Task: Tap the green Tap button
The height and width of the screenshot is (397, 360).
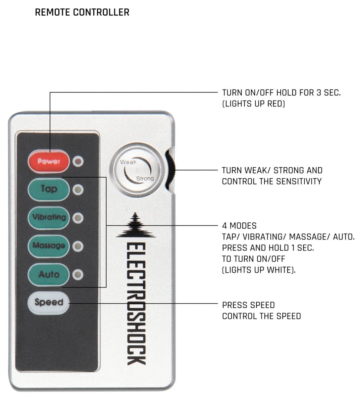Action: [x=49, y=189]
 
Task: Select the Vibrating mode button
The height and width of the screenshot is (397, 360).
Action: [x=49, y=217]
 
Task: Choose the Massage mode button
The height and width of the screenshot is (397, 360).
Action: [x=49, y=246]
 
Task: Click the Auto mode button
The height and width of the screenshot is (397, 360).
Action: [x=49, y=274]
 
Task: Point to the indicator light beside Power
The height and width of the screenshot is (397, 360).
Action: [x=78, y=161]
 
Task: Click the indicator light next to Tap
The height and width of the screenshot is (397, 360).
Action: [x=78, y=190]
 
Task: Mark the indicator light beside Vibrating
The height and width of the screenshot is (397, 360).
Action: [x=78, y=218]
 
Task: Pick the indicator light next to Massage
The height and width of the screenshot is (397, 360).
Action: [x=78, y=246]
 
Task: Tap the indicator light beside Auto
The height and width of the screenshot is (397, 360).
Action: [x=78, y=275]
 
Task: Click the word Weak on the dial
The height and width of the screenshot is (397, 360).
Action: [x=128, y=162]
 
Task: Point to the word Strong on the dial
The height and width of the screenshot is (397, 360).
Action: [x=145, y=179]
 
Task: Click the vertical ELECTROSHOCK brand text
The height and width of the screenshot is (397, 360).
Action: [x=136, y=304]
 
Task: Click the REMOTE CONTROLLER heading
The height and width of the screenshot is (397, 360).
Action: [x=82, y=13]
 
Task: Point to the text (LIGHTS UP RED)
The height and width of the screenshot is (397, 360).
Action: [x=253, y=104]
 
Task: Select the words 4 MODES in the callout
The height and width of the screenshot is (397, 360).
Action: [x=239, y=226]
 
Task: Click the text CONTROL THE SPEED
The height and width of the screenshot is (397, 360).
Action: [x=261, y=316]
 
